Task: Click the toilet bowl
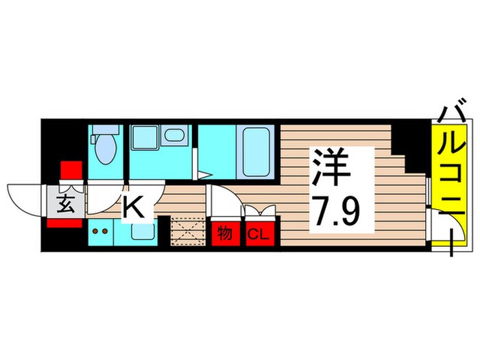click(107, 150)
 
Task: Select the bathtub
click(256, 151)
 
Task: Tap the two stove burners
click(100, 231)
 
